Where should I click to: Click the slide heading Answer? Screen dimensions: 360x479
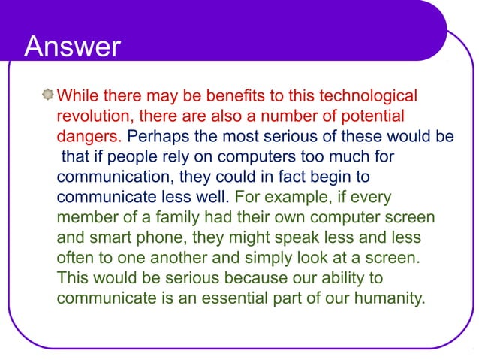(72, 47)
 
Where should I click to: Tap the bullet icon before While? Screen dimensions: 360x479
(48, 96)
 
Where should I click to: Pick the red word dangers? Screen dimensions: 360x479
(89, 137)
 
